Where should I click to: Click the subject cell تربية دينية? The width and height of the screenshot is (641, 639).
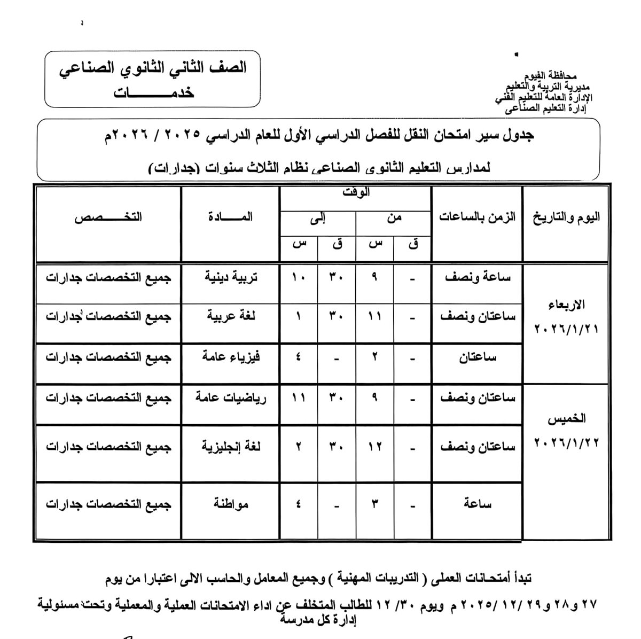[231, 278]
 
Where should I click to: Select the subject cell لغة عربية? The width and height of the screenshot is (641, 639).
[231, 315]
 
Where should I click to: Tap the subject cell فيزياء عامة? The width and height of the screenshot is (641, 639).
[231, 357]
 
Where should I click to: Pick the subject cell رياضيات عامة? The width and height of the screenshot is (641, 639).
[231, 398]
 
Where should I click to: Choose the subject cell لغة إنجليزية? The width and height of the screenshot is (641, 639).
[231, 446]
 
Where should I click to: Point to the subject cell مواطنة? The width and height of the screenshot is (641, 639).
[231, 503]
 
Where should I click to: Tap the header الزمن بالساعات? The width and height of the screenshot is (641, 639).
[478, 217]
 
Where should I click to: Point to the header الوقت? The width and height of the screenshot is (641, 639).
[356, 193]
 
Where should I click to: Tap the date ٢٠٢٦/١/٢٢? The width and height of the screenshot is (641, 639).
[567, 441]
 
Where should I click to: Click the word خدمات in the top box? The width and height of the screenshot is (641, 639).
[153, 92]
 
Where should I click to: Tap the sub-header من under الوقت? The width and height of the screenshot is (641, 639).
[394, 217]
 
